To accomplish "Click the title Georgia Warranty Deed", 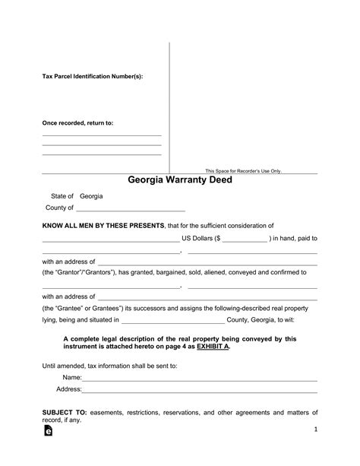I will pyautogui.click(x=180, y=181).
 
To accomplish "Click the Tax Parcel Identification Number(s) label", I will pyautogui.click(x=91, y=77).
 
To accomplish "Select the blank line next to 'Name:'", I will pyautogui.click(x=199, y=378).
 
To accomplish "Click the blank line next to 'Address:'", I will pyautogui.click(x=199, y=390).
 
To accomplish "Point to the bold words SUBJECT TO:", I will pyautogui.click(x=65, y=411).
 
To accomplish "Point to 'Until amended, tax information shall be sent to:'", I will pyautogui.click(x=109, y=366).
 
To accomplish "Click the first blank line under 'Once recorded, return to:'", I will pyautogui.click(x=101, y=135).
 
